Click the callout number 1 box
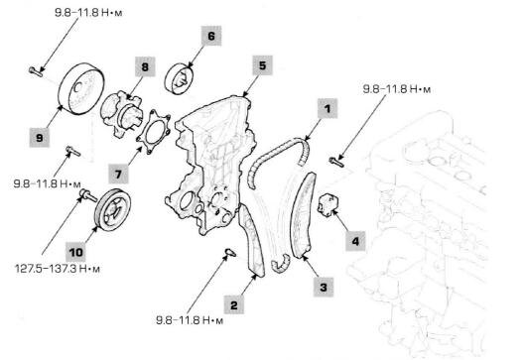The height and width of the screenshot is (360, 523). point(327,109)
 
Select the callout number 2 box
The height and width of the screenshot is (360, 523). point(233,304)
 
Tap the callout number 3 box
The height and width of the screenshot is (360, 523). point(324,287)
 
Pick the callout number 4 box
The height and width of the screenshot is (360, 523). point(355,241)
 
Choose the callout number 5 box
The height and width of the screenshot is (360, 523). point(263,65)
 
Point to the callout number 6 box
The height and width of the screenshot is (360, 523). point(211,36)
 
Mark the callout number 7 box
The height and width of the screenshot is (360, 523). point(118,174)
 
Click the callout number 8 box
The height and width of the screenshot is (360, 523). point(145,66)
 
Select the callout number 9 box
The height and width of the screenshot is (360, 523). point(40,137)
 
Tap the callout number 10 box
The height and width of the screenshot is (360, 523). point(75,252)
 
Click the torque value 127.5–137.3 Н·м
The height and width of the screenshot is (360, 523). point(58,269)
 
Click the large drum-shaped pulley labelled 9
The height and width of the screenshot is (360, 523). point(81,88)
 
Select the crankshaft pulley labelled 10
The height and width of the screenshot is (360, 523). point(113,208)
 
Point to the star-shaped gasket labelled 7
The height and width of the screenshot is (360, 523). point(154,132)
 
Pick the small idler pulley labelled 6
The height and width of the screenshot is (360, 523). point(179,78)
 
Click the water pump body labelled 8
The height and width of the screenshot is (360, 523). point(121,113)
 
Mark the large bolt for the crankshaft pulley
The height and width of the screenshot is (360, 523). point(88,195)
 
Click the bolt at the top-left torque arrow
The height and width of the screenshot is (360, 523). point(36,71)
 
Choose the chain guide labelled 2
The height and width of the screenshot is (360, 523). point(252,241)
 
